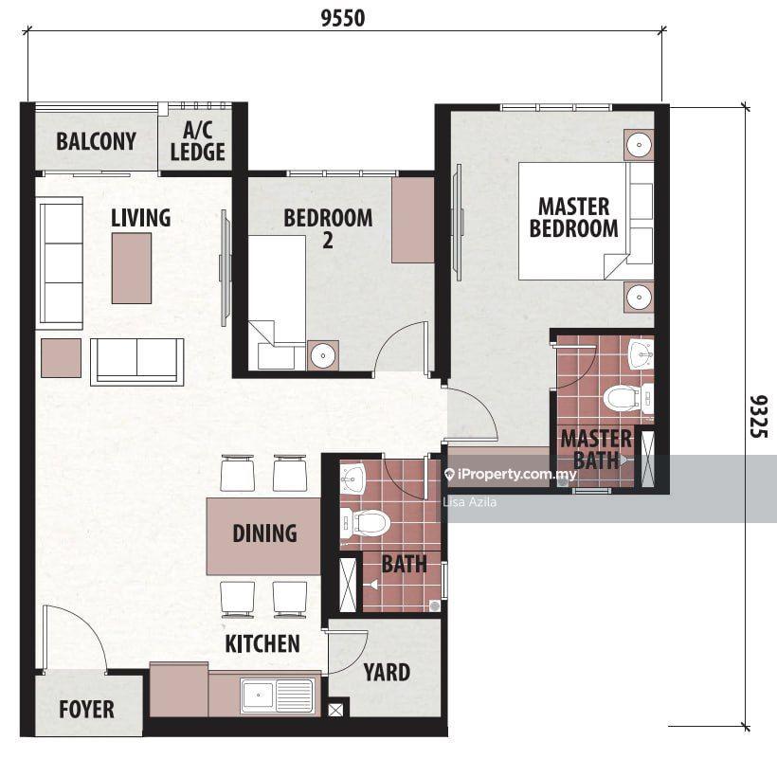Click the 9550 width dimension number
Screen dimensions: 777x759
coord(343,18)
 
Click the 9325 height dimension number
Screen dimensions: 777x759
coord(759,416)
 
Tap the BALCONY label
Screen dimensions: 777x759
coord(96,141)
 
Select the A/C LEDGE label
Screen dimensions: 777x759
coord(198,141)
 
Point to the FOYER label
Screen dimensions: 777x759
coord(87,709)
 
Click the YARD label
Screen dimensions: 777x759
coord(387,673)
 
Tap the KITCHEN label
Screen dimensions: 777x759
coord(262,643)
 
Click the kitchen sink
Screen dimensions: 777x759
coord(277,696)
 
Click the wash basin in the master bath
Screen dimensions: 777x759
coord(641,353)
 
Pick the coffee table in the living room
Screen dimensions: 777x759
coord(132,268)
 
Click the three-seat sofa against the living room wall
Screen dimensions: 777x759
coord(61,263)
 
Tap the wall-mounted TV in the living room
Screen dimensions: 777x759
coord(225,268)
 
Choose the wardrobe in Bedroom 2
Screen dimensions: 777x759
coord(413,220)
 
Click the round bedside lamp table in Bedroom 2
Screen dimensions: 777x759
coord(323,355)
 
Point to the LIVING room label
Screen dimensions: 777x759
coord(141,218)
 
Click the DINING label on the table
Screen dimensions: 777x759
coord(265,533)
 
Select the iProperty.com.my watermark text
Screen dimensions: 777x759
coord(516,475)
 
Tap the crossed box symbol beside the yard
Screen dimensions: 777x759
coord(335,710)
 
